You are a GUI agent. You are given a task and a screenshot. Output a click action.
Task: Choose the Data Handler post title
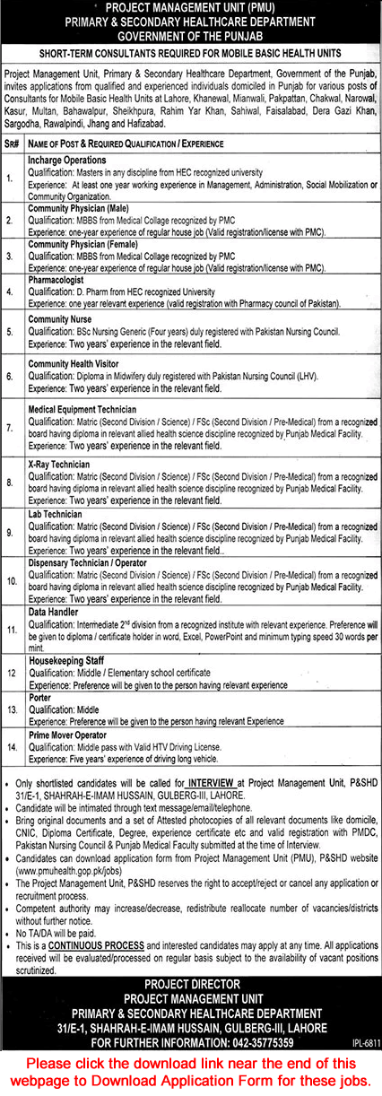click(x=53, y=610)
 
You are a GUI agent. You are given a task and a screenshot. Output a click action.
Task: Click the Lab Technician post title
click(x=58, y=514)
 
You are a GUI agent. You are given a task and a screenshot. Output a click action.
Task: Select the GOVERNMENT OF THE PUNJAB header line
click(x=191, y=36)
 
